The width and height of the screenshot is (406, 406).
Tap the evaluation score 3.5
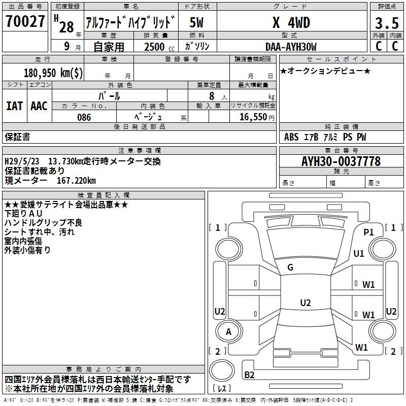point(386,23)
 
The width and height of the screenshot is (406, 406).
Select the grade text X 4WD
point(291,23)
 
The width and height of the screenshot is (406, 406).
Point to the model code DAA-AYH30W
point(291,47)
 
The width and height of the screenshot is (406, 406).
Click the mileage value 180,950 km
point(53,73)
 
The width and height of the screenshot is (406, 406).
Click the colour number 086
point(84,117)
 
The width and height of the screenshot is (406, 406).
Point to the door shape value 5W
point(197,23)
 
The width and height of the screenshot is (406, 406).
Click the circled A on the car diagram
point(228,332)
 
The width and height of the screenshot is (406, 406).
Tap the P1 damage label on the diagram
point(368,232)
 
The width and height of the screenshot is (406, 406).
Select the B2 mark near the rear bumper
point(249,375)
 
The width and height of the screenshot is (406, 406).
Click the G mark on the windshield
point(290,267)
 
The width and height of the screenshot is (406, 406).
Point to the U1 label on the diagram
point(359,253)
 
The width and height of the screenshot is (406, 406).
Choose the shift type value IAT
point(14,106)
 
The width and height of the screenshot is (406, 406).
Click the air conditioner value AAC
point(39,106)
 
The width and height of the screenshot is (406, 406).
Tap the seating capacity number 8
point(211,96)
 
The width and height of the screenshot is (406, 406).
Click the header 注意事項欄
point(140,151)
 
